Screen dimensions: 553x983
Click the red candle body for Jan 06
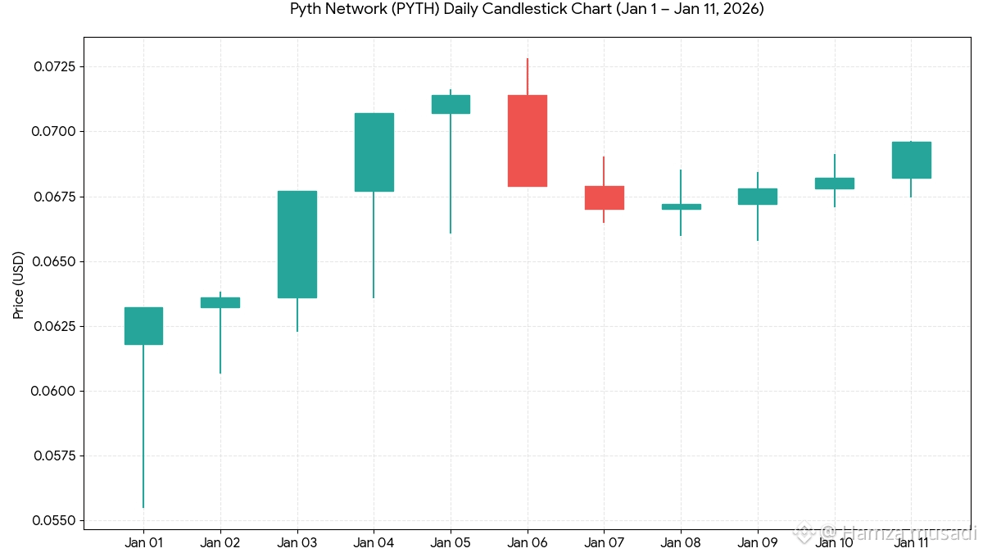tap(528, 141)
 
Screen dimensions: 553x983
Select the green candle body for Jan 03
tap(297, 244)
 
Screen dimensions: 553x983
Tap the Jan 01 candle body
tap(143, 326)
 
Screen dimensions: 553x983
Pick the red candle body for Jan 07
tap(604, 197)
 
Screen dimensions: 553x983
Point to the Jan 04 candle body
tap(374, 152)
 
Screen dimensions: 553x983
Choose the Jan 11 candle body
tap(911, 160)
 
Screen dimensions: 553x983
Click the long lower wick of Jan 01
tap(143, 426)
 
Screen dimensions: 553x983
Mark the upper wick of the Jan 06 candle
tap(528, 77)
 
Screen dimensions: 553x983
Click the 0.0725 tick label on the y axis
tap(53, 66)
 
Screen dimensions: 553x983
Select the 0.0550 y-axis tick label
tap(53, 521)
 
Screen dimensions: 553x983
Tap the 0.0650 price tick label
tap(53, 261)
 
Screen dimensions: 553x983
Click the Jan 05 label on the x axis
tap(451, 542)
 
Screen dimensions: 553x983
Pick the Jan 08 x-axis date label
tap(681, 542)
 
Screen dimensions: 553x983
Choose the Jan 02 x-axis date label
tap(220, 542)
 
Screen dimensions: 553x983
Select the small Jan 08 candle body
tap(681, 206)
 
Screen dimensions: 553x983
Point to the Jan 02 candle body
tap(220, 302)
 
